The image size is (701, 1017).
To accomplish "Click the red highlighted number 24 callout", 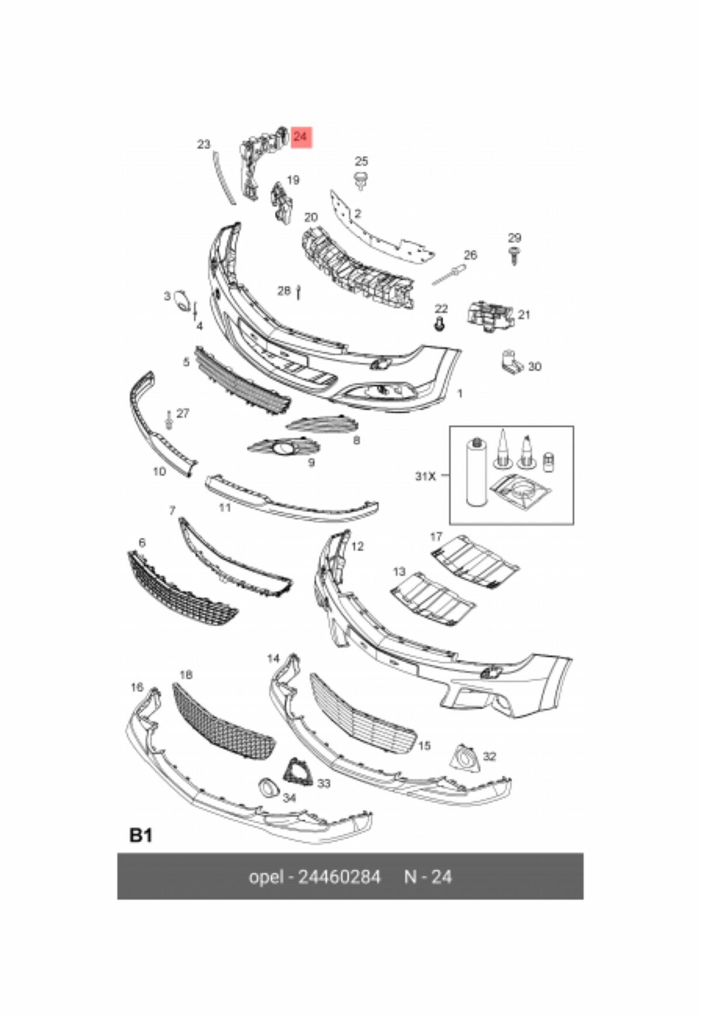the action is pos(301,137).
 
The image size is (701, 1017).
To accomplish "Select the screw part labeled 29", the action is pos(514,255).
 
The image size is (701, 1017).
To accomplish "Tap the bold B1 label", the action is pos(141,835).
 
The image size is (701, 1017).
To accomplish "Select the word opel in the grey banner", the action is pos(266,877).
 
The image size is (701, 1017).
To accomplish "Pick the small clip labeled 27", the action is pos(169,419).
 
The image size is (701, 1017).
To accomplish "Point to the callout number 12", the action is pos(358,547).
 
